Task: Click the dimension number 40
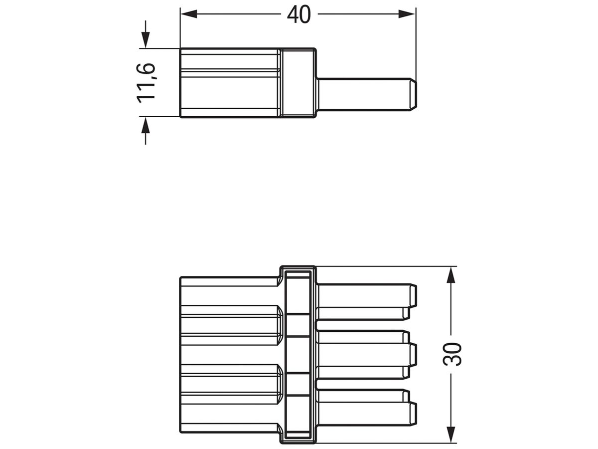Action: (299, 15)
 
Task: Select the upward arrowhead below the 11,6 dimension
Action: (145, 126)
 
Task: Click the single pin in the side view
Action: (364, 94)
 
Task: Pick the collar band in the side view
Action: (298, 83)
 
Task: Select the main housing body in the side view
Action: (229, 83)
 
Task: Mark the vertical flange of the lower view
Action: (298, 354)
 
